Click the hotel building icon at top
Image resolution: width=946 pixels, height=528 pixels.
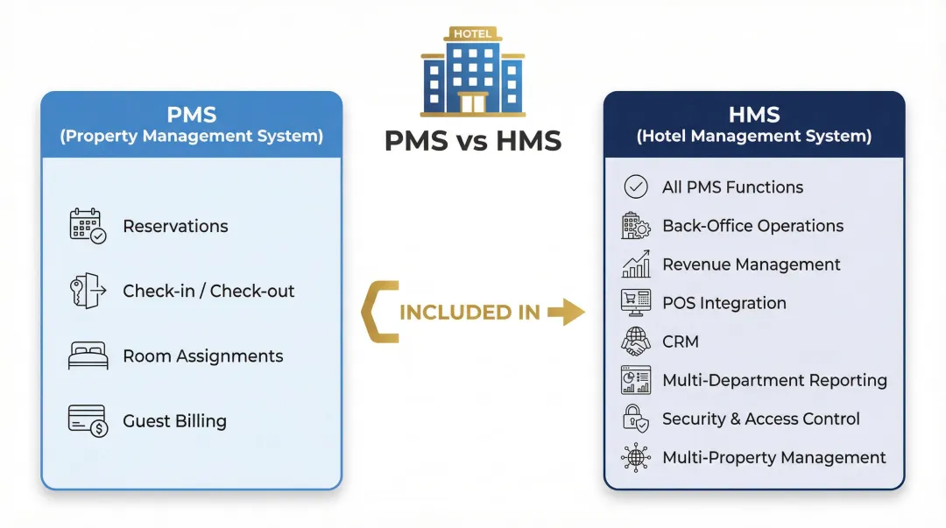coord(472,74)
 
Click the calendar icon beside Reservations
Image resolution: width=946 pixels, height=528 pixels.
coord(88,226)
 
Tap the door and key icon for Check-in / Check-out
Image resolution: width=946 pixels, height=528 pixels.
coord(88,291)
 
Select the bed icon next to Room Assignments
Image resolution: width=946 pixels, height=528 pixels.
coord(88,356)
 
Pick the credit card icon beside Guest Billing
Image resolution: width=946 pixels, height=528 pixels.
coord(88,421)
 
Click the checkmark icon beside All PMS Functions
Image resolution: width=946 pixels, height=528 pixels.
coord(635,187)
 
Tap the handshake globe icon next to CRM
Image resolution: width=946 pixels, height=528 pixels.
coord(635,341)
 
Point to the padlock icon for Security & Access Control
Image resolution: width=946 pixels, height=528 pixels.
coord(635,419)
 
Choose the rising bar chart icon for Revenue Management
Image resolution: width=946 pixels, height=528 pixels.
coord(635,264)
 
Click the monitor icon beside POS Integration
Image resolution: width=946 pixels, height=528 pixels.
coord(635,303)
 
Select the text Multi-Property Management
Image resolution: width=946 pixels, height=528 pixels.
coord(774,458)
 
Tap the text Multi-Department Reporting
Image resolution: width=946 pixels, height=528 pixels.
coord(774,380)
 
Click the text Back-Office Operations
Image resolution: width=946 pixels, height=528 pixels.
coord(752,226)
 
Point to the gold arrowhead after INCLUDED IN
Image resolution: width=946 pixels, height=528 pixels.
coord(572,312)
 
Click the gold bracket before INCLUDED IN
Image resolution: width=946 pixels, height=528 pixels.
coord(377,312)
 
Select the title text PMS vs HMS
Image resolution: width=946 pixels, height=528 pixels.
coord(472,140)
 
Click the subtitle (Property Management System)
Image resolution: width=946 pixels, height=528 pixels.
coord(191,137)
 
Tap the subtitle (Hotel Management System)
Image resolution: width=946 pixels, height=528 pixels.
coord(753,137)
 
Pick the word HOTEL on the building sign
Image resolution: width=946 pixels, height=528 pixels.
coord(472,33)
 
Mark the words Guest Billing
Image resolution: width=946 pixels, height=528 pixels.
coord(174,421)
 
